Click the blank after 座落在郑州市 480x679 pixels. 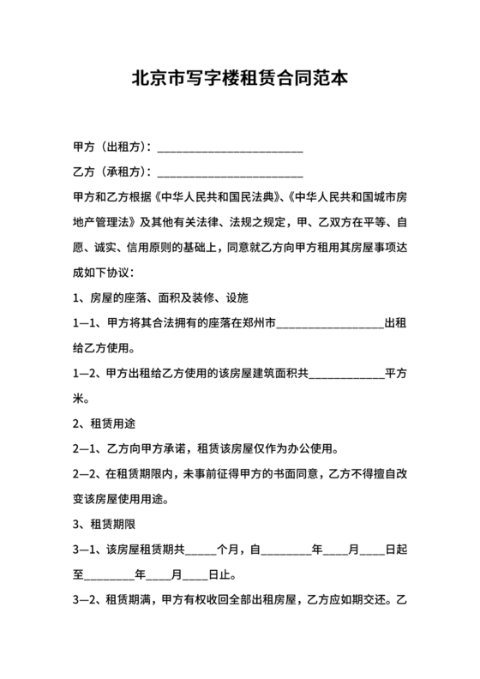coord(331,323)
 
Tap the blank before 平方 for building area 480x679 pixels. coord(346,374)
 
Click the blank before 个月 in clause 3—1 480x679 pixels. coord(201,550)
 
